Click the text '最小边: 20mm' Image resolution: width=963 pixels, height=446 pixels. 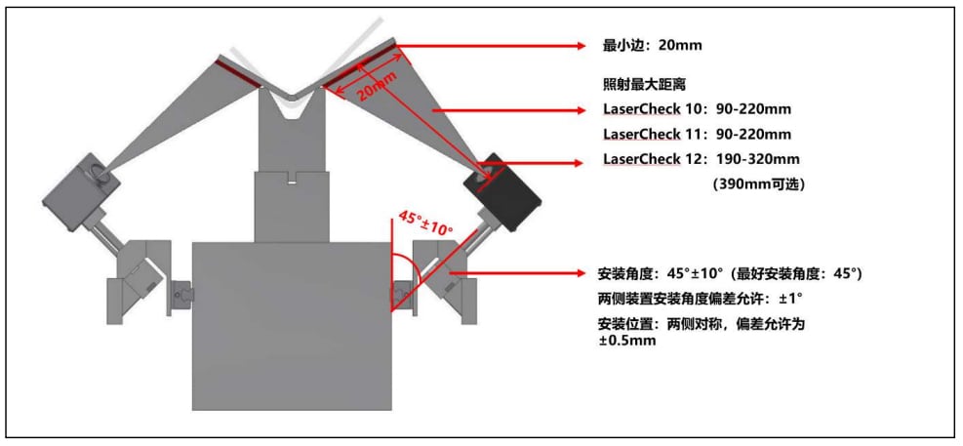[x=652, y=46]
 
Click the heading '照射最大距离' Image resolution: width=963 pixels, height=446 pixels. [x=635, y=85]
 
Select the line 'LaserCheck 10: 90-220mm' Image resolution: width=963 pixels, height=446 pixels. [x=697, y=109]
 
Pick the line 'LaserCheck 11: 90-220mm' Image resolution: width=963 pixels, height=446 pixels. [x=697, y=134]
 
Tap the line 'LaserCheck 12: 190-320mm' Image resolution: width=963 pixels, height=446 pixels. [x=702, y=159]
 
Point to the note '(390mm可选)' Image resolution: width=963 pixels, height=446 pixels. [x=758, y=183]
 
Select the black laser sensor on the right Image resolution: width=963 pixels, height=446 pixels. [x=502, y=190]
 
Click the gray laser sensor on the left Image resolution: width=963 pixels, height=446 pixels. [x=80, y=191]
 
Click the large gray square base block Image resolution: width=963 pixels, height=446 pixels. [x=292, y=326]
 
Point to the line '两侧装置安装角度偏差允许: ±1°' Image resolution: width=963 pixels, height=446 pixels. [x=701, y=299]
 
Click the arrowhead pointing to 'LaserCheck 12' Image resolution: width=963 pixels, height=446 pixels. [x=575, y=163]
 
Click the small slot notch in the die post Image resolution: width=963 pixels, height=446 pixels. [x=292, y=181]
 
